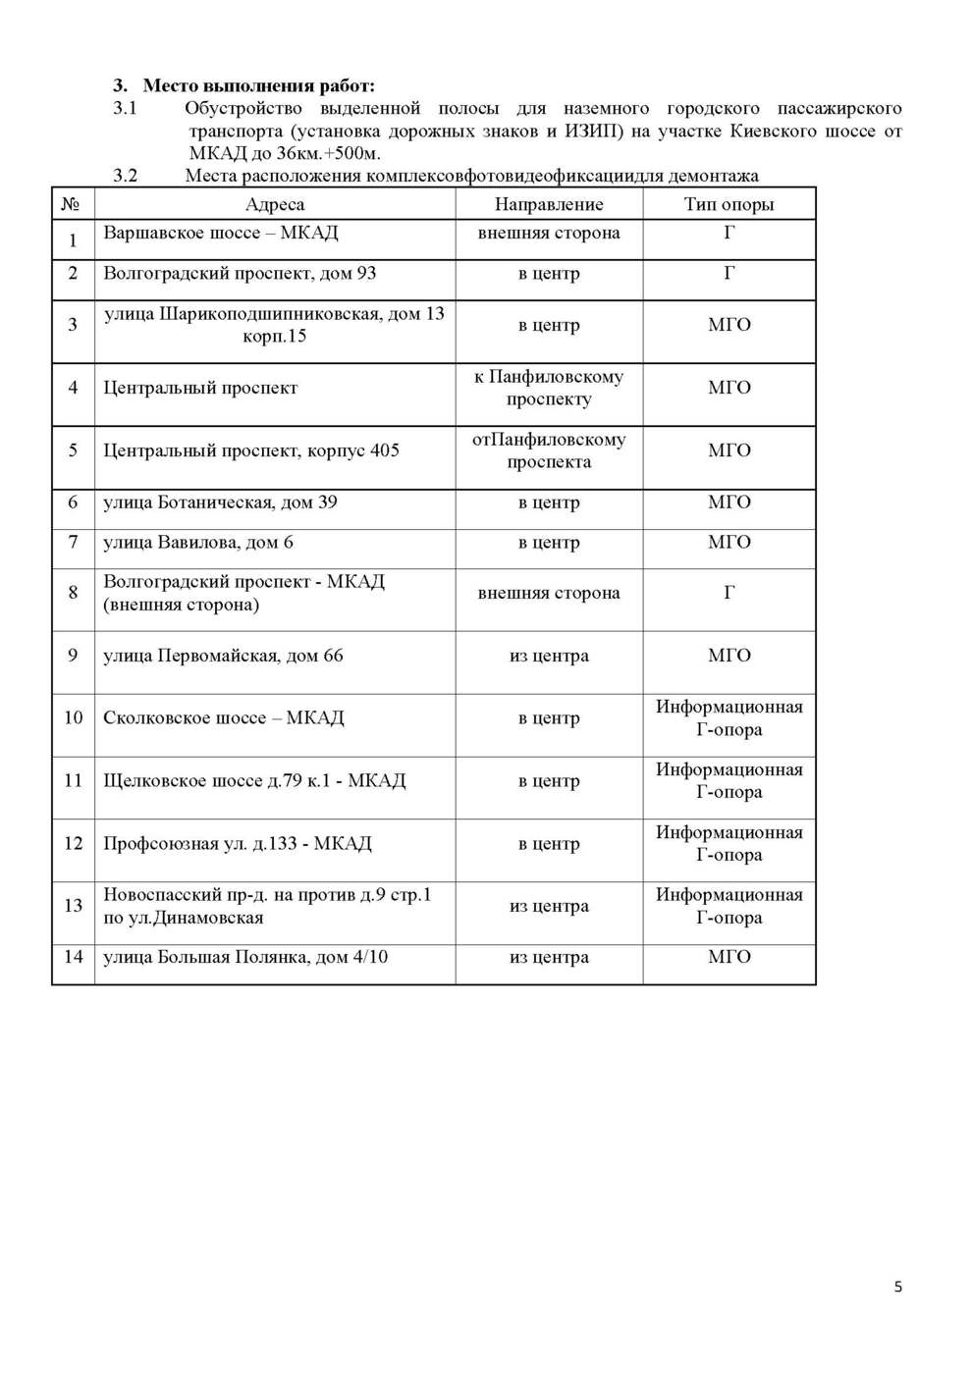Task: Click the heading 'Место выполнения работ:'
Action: [258, 85]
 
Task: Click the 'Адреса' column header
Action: [274, 204]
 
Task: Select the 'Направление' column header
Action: [548, 204]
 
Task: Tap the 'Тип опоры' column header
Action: [729, 204]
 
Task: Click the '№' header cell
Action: [71, 204]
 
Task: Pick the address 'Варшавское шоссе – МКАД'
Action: [221, 233]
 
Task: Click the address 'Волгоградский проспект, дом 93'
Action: [240, 273]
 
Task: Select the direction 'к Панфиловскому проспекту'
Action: [548, 388]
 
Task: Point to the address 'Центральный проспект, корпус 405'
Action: [251, 450]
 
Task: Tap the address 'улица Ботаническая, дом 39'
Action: [220, 502]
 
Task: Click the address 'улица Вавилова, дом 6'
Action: [198, 542]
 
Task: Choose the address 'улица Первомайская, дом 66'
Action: [223, 656]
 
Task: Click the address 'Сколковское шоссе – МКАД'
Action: [224, 717]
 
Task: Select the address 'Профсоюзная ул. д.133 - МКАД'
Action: [238, 843]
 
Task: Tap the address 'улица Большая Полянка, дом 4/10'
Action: [245, 957]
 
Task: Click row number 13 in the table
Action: [73, 905]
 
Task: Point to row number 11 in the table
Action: [73, 780]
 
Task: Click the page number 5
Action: [897, 1287]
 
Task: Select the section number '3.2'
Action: [125, 176]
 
